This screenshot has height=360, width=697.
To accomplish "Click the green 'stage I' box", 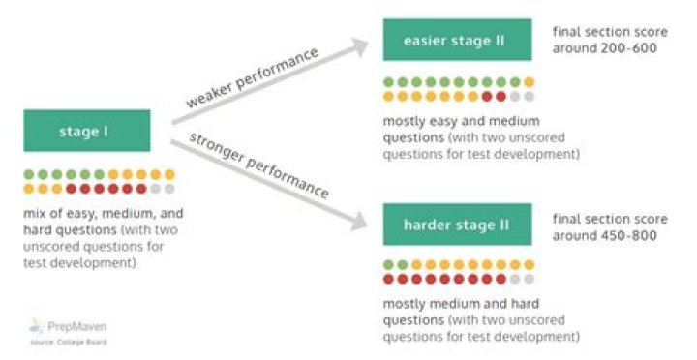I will click(x=87, y=131).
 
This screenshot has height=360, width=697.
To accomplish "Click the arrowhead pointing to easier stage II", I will click(x=360, y=44).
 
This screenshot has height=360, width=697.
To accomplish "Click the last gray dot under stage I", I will click(x=169, y=189).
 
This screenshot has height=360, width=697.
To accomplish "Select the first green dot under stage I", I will click(x=29, y=175).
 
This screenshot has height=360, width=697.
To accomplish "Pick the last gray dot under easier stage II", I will click(x=529, y=97).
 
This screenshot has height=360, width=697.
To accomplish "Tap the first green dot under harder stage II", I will click(x=389, y=264).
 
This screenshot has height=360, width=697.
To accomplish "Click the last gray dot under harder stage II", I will click(x=529, y=279).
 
